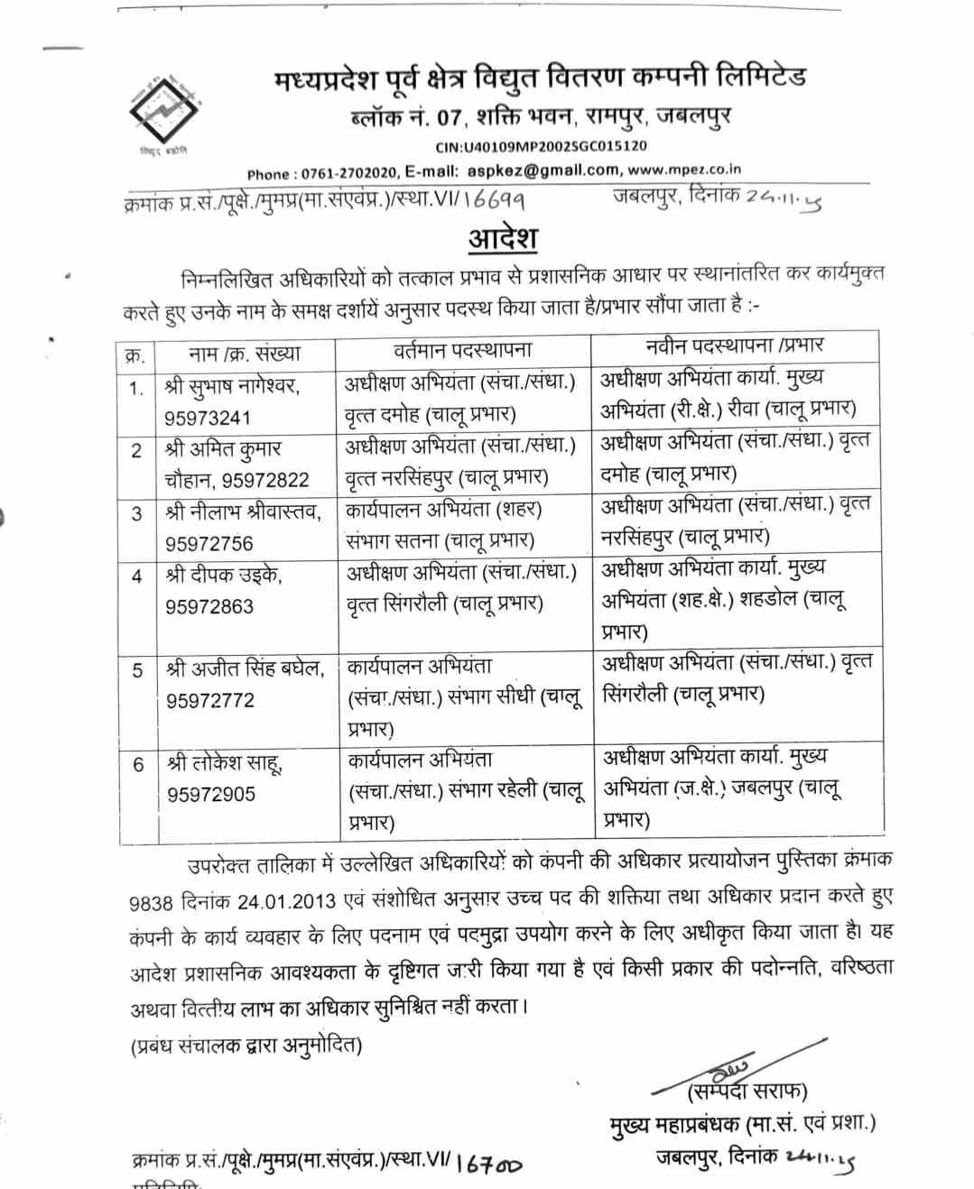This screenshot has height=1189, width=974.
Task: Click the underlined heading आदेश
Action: pyautogui.click(x=503, y=239)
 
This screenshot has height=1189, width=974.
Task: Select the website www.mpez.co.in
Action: pyautogui.click(x=684, y=169)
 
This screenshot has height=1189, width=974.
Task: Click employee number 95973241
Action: pyautogui.click(x=208, y=418)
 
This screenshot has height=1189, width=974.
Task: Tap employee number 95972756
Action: pyautogui.click(x=209, y=543)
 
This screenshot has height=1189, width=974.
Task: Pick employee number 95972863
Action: pyautogui.click(x=209, y=606)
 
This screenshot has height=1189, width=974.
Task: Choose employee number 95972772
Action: pyautogui.click(x=210, y=700)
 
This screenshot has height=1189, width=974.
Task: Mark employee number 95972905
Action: pyautogui.click(x=211, y=794)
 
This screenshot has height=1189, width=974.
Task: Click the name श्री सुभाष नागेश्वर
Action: pyautogui.click(x=233, y=386)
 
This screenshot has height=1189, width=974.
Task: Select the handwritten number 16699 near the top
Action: pyautogui.click(x=495, y=198)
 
